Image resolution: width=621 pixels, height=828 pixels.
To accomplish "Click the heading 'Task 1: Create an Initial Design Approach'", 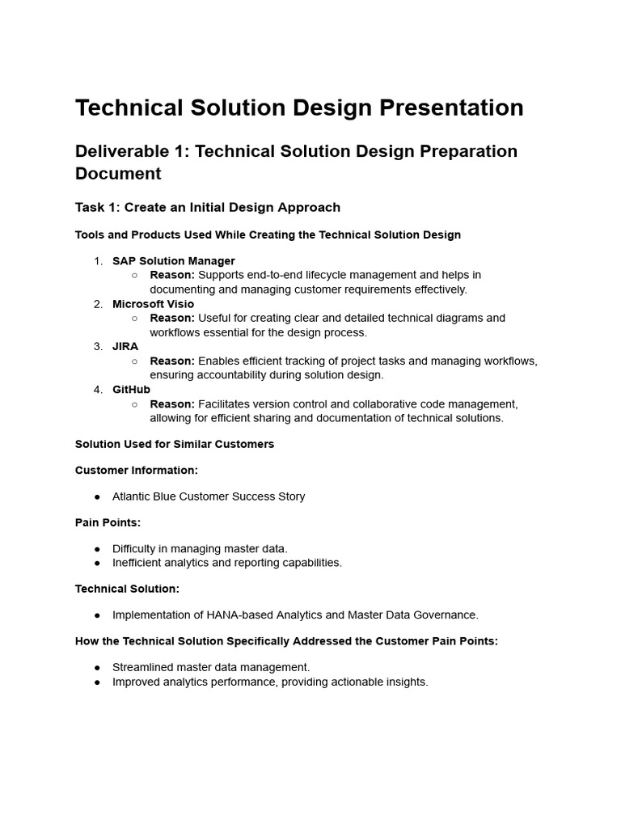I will point(208,207).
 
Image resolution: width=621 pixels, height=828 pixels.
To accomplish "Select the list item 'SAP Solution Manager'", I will point(174,260).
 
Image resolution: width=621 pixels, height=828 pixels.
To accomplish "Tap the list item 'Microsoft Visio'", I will point(153,304).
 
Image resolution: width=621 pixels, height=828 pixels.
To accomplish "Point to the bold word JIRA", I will point(125,346).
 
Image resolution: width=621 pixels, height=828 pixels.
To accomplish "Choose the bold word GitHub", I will point(131,390).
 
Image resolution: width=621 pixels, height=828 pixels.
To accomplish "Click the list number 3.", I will point(98,346).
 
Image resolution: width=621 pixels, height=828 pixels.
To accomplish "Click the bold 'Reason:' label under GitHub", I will point(172,403).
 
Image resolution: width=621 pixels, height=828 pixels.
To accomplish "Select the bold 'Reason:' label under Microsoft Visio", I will point(172,318).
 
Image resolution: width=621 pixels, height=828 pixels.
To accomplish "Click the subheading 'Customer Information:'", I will point(137,470).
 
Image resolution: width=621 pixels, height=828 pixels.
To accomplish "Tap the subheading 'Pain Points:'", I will point(108,522).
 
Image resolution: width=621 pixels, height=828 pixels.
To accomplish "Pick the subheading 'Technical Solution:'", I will point(127,589).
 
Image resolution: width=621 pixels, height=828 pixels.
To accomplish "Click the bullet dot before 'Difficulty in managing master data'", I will point(97,548).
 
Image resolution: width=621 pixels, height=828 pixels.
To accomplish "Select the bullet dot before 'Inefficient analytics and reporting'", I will point(97,563).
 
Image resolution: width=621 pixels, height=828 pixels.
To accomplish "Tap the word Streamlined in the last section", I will point(144,667).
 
